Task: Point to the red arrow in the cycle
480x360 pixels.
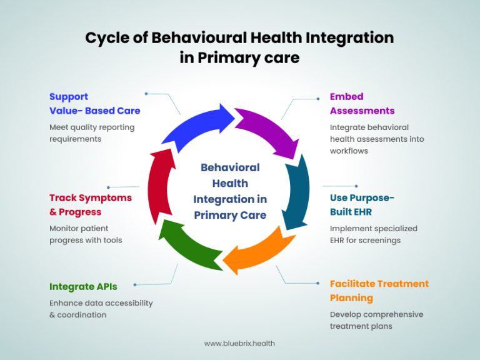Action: [x=160, y=184]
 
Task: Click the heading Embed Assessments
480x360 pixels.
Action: [x=362, y=104]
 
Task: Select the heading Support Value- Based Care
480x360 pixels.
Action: [x=94, y=104]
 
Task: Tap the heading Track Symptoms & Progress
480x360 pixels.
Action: [x=91, y=204]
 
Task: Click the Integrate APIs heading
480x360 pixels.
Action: [x=83, y=287]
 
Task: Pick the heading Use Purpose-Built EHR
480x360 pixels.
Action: [x=362, y=204]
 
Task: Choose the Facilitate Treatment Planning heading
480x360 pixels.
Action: [x=379, y=291]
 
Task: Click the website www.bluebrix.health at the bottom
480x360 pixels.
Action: [x=239, y=343]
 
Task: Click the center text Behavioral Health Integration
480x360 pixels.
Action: [x=230, y=191]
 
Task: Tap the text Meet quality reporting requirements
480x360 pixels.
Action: [x=92, y=133]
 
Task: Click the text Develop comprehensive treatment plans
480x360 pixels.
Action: [x=376, y=320]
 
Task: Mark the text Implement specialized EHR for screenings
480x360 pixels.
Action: [x=373, y=234]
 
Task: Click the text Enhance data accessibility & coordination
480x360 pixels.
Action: [x=101, y=309]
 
